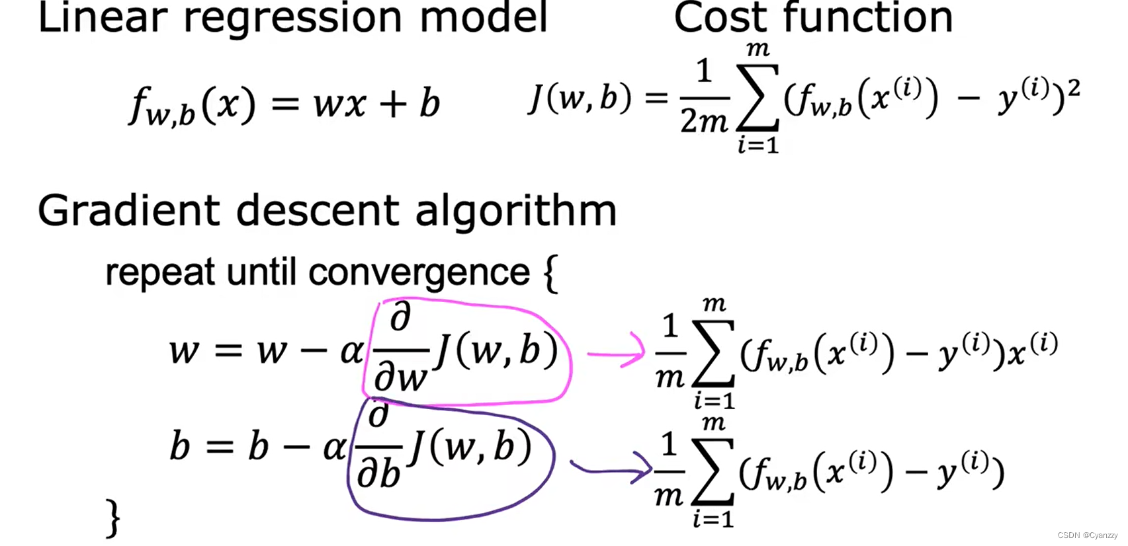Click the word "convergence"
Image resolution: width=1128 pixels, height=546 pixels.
(419, 272)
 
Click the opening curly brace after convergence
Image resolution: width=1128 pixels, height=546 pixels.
(550, 273)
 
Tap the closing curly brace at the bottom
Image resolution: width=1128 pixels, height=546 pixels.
(113, 518)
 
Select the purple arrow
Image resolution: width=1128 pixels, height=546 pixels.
(611, 469)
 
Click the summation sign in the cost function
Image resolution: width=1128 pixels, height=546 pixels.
(758, 99)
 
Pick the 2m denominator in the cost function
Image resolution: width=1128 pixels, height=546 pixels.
(704, 122)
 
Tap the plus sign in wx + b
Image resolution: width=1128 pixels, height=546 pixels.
(393, 104)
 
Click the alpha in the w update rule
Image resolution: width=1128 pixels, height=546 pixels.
(352, 350)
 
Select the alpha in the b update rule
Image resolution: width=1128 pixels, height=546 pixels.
(335, 448)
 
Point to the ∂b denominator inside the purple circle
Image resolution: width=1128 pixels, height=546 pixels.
(379, 473)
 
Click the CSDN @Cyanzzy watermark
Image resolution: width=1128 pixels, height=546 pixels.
(1087, 535)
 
